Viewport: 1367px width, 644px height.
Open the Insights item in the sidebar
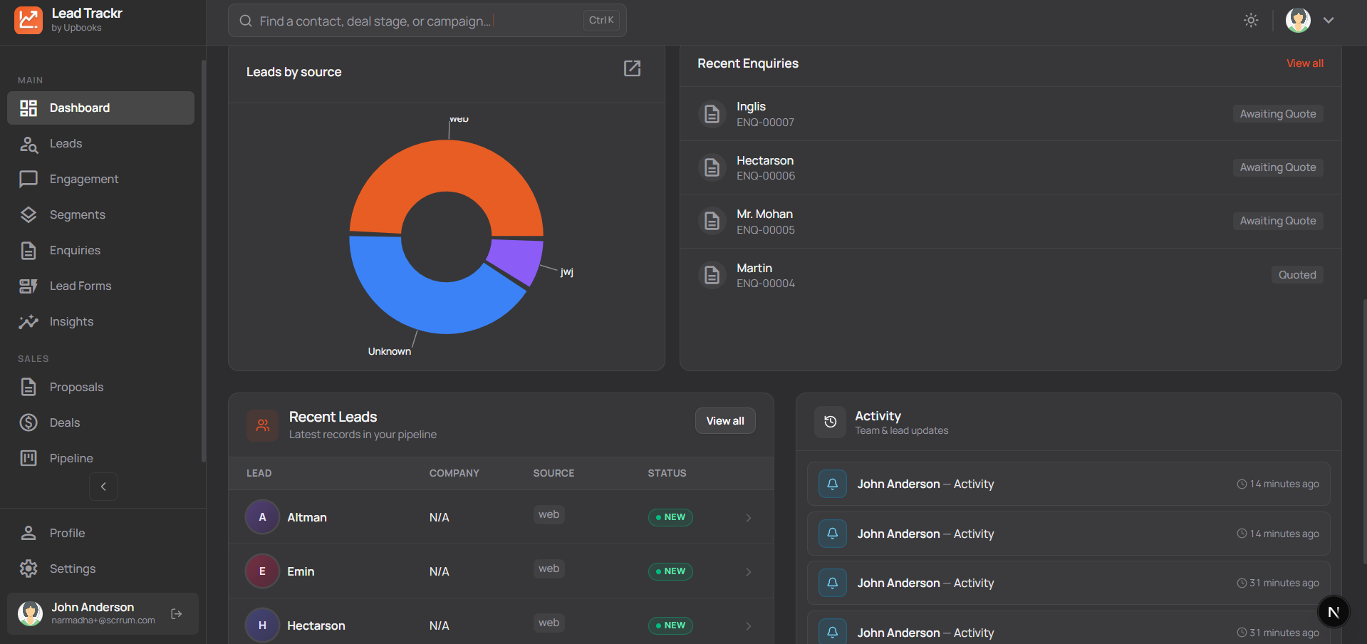click(x=71, y=322)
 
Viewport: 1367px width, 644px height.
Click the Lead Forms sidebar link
click(x=80, y=286)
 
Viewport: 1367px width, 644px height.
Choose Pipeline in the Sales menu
click(x=71, y=459)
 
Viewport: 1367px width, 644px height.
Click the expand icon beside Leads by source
click(x=632, y=68)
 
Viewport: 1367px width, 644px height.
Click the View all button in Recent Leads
click(x=724, y=421)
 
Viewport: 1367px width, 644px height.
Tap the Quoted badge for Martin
click(x=1296, y=275)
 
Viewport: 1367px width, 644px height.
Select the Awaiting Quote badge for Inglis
click(x=1277, y=114)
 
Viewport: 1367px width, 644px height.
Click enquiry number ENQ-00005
click(x=765, y=230)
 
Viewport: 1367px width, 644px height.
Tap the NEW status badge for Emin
click(x=670, y=571)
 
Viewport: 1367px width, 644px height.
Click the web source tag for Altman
click(x=549, y=515)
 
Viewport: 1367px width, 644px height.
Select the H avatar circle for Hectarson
click(x=262, y=625)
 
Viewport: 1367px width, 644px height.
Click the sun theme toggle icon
click(x=1251, y=21)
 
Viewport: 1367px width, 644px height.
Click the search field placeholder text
click(x=375, y=21)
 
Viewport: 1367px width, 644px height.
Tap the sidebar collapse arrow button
click(x=103, y=487)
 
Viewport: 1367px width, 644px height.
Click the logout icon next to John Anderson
click(x=177, y=614)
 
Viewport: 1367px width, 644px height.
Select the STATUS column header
click(x=667, y=474)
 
